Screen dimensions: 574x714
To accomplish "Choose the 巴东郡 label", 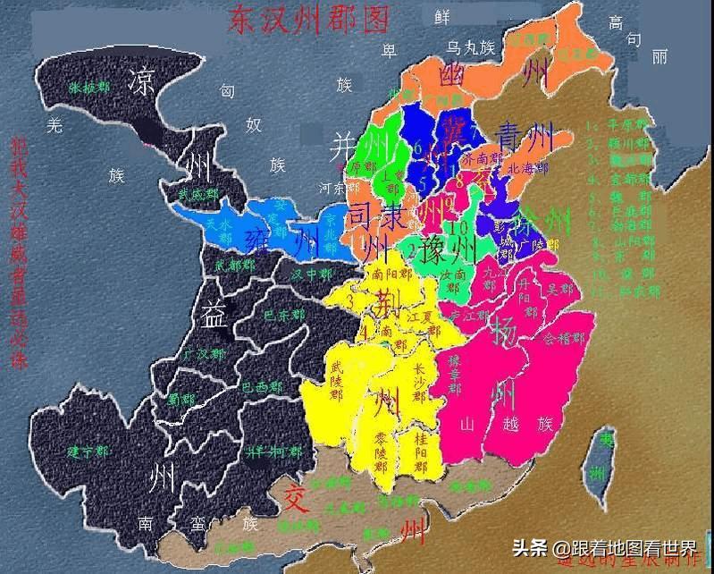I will [281, 316].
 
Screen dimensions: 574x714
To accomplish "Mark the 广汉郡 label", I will [200, 355].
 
